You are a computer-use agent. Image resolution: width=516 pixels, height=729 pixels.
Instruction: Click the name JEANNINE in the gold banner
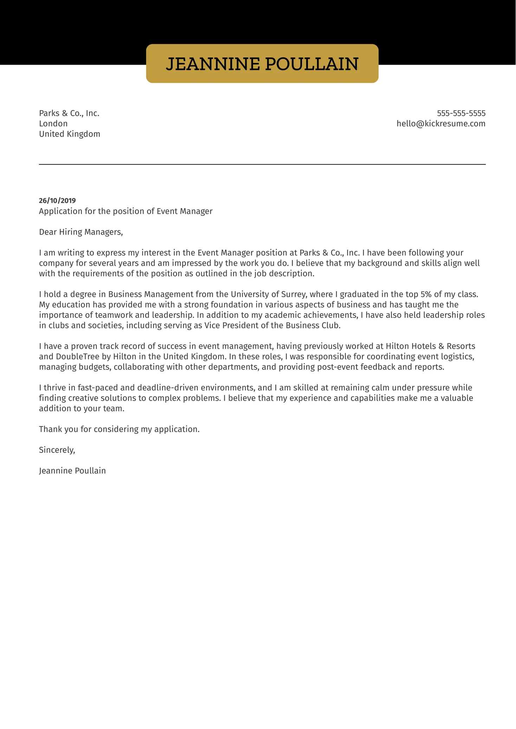point(213,64)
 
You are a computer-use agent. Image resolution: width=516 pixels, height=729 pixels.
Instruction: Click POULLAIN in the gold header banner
point(311,64)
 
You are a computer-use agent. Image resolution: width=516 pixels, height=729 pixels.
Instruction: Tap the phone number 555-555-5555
point(461,113)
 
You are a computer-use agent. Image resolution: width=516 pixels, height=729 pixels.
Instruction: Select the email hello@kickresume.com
point(441,124)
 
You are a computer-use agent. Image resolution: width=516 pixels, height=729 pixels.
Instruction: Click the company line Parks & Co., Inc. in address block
point(69,113)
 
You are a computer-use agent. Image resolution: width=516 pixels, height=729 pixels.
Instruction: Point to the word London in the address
point(53,124)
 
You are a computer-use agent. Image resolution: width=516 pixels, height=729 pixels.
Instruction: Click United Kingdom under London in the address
point(69,134)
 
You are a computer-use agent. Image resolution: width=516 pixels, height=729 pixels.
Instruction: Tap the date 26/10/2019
point(57,201)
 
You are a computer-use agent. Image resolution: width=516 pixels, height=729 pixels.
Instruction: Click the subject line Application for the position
point(125,211)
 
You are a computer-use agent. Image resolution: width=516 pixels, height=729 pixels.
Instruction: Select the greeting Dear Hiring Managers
point(81,232)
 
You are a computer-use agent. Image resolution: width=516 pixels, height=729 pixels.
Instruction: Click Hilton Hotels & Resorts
point(430,346)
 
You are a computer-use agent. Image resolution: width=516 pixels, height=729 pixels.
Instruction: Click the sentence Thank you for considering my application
point(119,429)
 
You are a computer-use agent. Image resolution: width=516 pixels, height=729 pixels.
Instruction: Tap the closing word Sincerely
point(57,450)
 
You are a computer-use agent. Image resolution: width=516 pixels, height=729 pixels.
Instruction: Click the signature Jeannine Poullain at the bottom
point(72,471)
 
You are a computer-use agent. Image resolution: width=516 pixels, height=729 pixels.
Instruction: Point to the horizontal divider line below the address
point(262,164)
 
